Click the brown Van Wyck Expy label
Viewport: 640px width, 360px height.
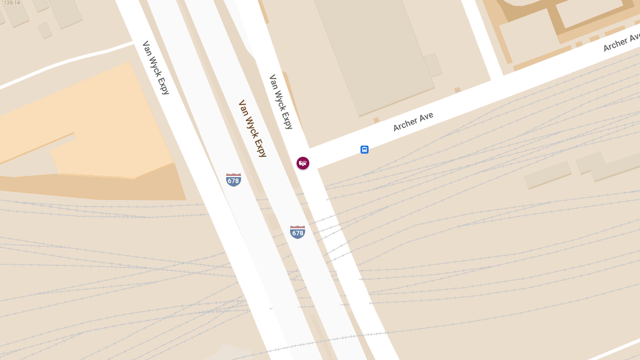252,129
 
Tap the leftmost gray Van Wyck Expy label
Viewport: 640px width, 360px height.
156,68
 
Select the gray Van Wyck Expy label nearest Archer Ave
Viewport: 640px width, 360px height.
281,102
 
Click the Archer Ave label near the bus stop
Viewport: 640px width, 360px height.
413,122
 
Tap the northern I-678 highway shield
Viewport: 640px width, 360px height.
234,180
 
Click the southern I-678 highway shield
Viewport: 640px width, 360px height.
298,232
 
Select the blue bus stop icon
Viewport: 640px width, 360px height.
364,150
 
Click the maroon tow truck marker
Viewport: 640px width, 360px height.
303,163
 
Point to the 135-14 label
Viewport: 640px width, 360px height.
12,3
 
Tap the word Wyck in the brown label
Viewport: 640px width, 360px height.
251,127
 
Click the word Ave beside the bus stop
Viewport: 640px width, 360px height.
426,116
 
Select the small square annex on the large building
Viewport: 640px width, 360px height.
433,65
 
